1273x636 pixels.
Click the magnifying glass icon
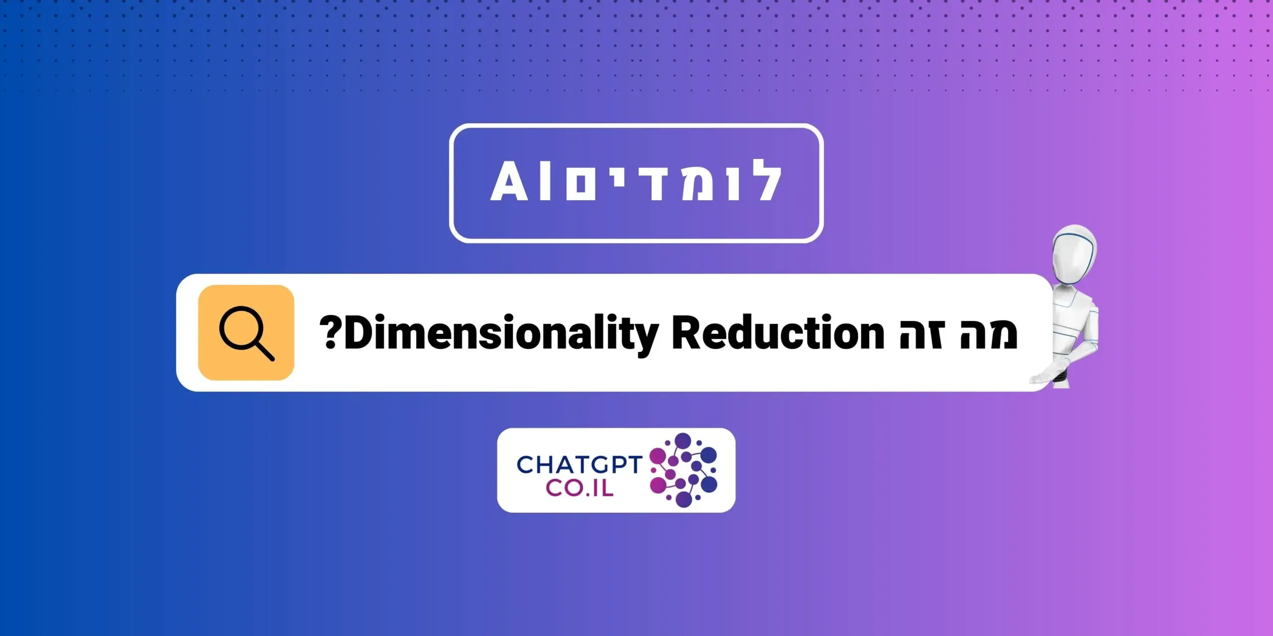point(246,332)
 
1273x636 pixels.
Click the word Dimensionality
point(501,333)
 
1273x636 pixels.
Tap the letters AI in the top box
point(520,182)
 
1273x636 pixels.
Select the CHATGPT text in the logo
point(579,465)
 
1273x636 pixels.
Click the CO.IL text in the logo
point(579,488)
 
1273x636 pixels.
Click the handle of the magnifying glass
point(265,350)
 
